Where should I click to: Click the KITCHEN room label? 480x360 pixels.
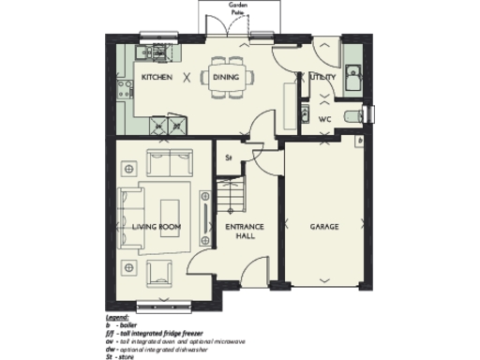(156, 78)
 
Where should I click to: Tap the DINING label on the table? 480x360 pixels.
(225, 78)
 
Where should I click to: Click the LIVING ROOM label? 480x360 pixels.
(156, 227)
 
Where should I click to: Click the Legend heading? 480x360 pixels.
(117, 321)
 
